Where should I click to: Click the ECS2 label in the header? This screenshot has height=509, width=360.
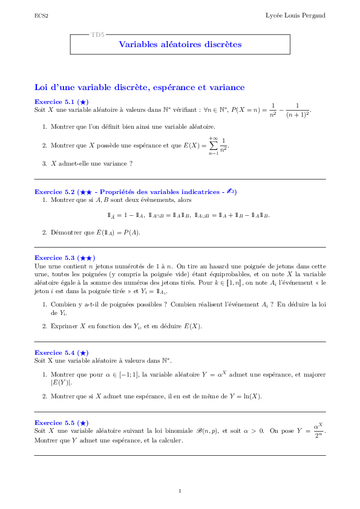tap(41, 15)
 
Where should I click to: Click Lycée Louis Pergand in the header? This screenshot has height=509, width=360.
tap(296, 15)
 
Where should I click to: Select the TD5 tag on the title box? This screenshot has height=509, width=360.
tap(97, 34)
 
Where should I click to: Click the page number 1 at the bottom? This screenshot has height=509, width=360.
tap(180, 490)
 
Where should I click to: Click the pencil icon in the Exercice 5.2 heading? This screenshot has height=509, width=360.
tap(229, 192)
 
